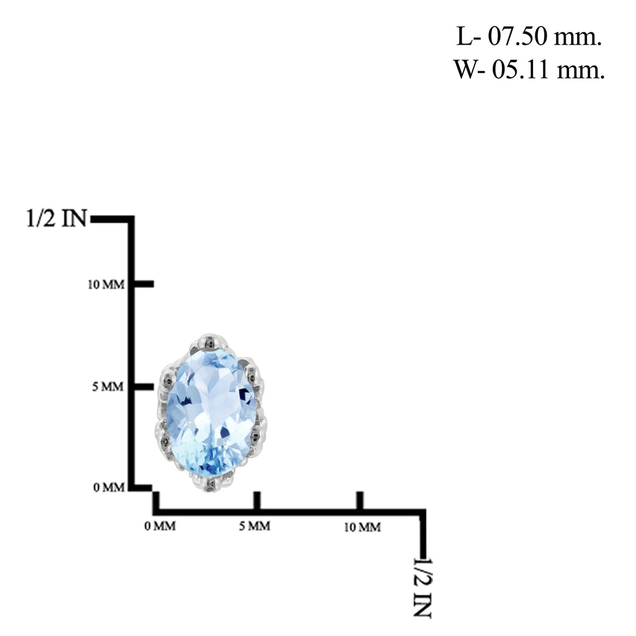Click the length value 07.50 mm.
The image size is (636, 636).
(544, 37)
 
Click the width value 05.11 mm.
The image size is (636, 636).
(548, 70)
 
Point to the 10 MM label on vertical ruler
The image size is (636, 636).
(106, 284)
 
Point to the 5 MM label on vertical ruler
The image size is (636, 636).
(108, 386)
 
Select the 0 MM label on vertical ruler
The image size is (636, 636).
(109, 487)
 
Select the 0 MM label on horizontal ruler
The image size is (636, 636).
(160, 526)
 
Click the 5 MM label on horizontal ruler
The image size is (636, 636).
(255, 526)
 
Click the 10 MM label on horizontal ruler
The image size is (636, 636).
(363, 527)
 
